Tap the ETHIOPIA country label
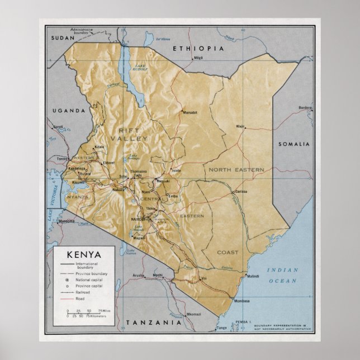[198, 49]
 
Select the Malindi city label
[254, 276]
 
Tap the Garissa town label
[241, 191]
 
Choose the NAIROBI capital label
[138, 219]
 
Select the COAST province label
[228, 252]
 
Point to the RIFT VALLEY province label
[129, 133]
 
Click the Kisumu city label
[78, 182]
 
